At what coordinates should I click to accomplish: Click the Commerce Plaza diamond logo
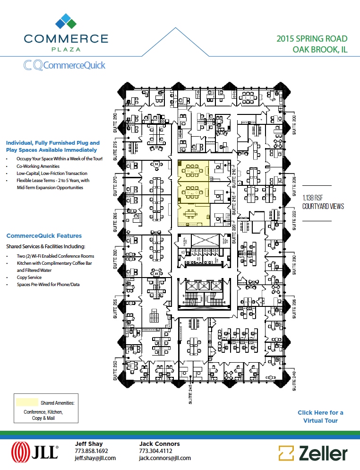(66, 21)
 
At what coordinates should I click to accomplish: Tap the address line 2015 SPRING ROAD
(312, 39)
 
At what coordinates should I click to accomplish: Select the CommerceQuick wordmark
(64, 65)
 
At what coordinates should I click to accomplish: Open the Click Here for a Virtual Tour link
(320, 417)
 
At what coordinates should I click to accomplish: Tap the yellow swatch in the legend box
(27, 402)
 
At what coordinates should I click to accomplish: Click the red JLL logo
(34, 451)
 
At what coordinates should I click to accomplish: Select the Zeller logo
(313, 453)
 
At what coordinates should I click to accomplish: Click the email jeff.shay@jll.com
(95, 458)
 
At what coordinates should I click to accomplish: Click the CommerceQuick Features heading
(44, 235)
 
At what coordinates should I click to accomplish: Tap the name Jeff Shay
(87, 444)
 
